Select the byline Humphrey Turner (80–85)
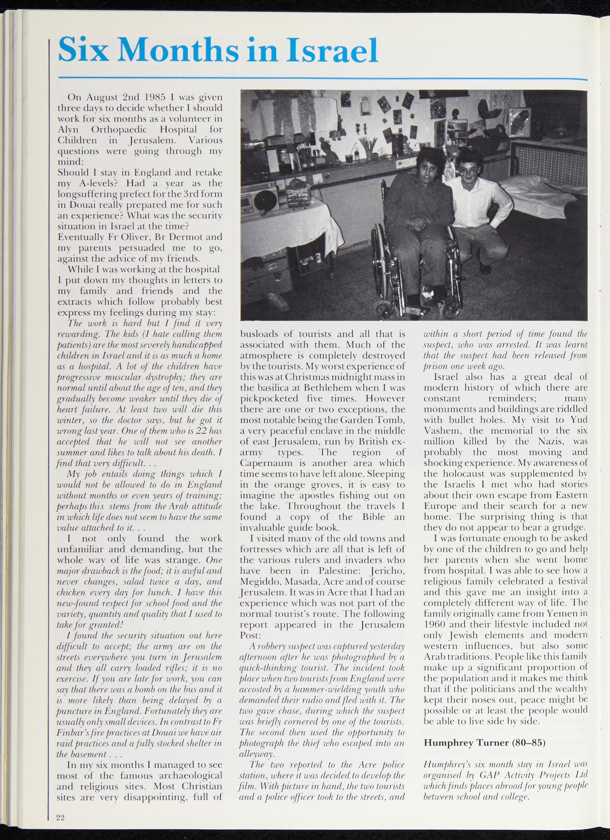point(484,742)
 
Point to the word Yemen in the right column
point(566,614)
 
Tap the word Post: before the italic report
point(250,635)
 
